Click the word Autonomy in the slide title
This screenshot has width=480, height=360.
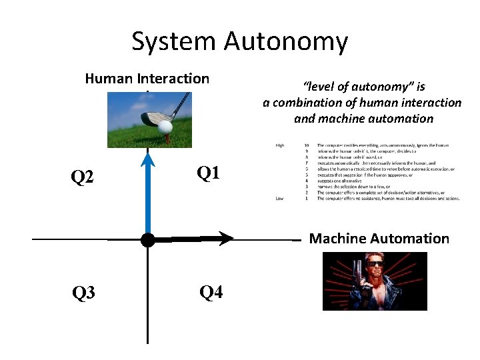(x=286, y=41)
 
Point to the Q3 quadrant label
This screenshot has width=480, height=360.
(x=83, y=293)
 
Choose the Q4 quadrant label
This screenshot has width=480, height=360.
(x=211, y=292)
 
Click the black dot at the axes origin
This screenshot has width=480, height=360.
(x=147, y=239)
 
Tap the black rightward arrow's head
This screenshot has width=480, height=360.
(x=226, y=238)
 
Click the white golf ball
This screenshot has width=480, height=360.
(x=165, y=126)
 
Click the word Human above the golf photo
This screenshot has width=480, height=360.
(x=109, y=79)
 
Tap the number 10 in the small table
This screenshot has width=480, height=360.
(x=306, y=145)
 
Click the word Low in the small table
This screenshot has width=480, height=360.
(x=279, y=198)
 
